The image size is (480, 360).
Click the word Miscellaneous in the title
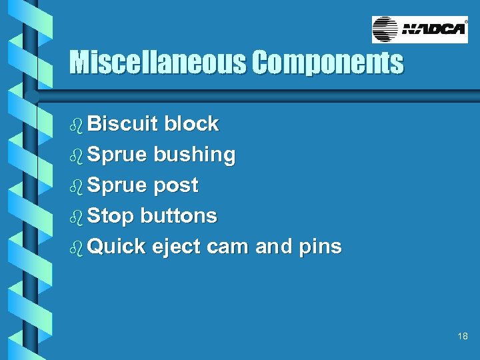157,63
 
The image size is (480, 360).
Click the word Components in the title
327,63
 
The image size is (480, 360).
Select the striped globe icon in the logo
385,30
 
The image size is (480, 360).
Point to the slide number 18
463,337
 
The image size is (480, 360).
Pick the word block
191,123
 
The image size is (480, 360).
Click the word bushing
194,155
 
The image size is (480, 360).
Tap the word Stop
111,216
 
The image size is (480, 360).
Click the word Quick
117,247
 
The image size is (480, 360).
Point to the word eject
177,247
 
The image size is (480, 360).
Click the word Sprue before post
117,185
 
